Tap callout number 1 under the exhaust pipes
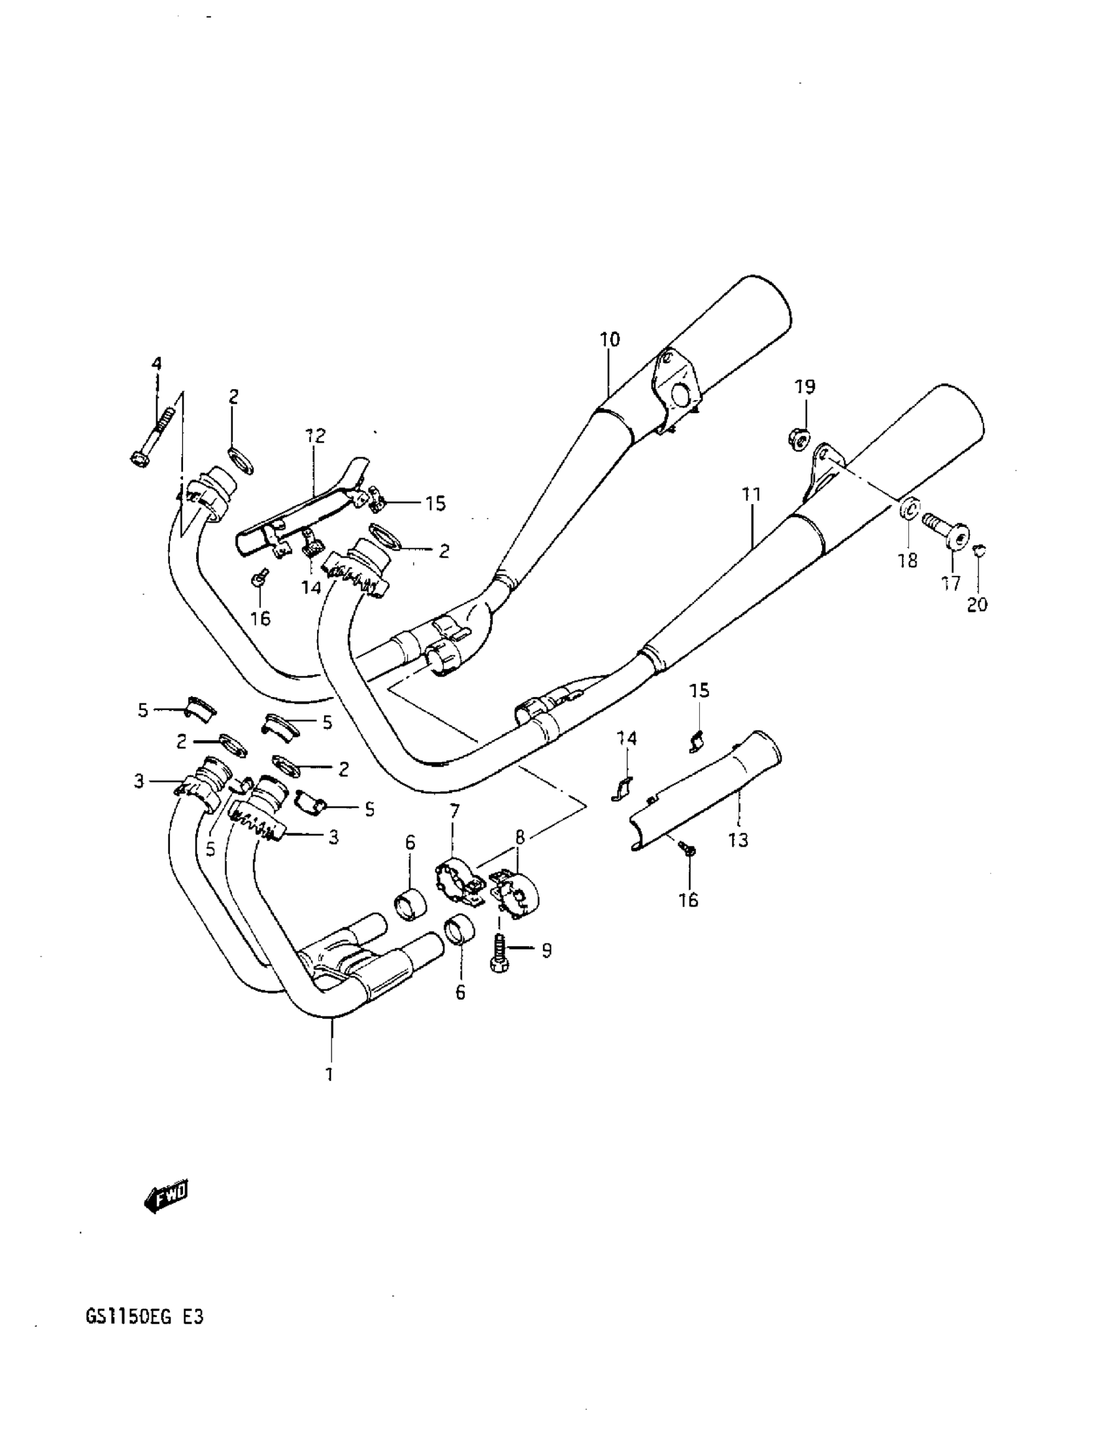coord(329,1074)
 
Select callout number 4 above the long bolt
coord(157,364)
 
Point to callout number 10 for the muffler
coord(610,339)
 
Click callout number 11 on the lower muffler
coord(751,494)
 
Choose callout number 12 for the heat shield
coord(316,435)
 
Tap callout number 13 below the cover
coord(738,840)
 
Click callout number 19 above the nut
coord(804,386)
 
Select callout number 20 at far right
coord(977,604)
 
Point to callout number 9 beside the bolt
coord(546,950)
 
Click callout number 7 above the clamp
coord(454,811)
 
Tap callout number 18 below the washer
coord(908,561)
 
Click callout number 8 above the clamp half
coord(520,837)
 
